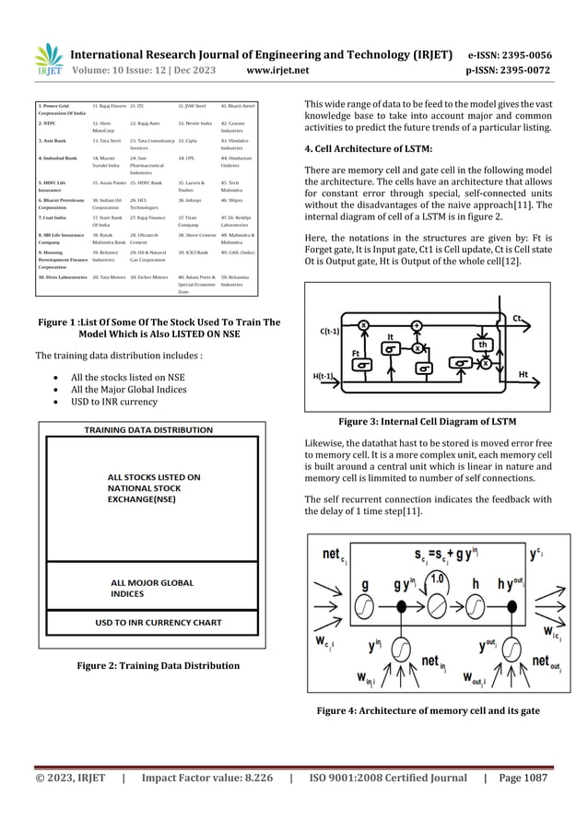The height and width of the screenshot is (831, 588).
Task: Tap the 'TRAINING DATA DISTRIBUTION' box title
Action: [149, 430]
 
